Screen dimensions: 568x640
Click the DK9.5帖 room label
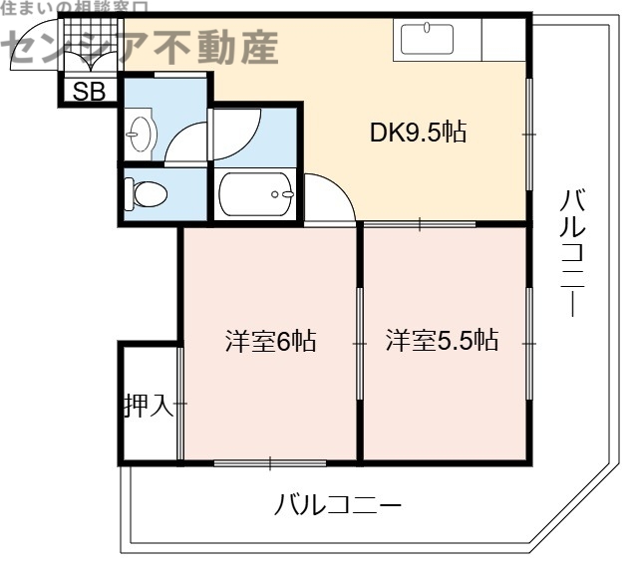419,133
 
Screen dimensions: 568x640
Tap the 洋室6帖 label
269,341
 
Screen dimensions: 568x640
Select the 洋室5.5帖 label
442,341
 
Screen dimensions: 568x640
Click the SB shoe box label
89,92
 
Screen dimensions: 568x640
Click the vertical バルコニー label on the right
572,253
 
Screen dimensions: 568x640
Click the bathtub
256,193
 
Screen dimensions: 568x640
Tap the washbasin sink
140,133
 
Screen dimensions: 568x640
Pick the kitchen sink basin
428,41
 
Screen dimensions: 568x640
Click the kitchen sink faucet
428,27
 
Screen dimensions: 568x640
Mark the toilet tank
130,193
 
